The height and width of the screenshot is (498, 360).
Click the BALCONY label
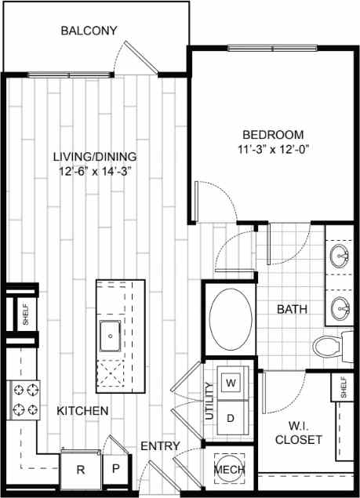pyautogui.click(x=89, y=31)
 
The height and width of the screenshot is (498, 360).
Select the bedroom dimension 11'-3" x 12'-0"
pyautogui.click(x=271, y=149)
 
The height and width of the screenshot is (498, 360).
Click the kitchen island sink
pyautogui.click(x=111, y=336)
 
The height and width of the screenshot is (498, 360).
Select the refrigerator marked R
pyautogui.click(x=80, y=471)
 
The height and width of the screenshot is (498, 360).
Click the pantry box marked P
pyautogui.click(x=115, y=471)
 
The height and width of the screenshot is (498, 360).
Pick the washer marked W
pyautogui.click(x=231, y=383)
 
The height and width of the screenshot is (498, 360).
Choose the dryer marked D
pyautogui.click(x=231, y=417)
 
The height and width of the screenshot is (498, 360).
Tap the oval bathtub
pyautogui.click(x=229, y=321)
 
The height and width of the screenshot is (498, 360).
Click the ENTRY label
pyautogui.click(x=160, y=446)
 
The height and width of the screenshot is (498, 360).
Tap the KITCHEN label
pyautogui.click(x=82, y=410)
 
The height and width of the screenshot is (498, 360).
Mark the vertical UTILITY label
pyautogui.click(x=209, y=402)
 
